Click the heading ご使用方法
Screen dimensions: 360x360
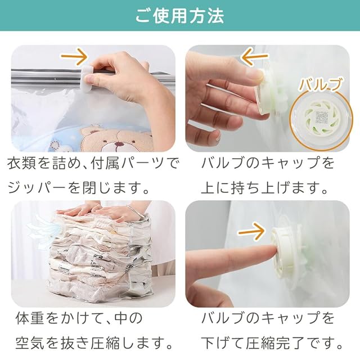179,16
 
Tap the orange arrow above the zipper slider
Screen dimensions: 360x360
74,56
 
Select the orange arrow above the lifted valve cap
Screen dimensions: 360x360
254,57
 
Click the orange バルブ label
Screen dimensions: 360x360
319,85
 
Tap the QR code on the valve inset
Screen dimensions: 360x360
321,116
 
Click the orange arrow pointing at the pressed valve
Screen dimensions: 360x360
251,231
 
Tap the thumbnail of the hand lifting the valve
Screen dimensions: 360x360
268,98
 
